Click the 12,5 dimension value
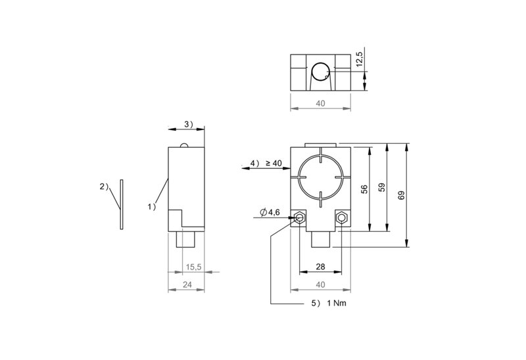pos(359,59)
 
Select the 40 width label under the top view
pos(320,103)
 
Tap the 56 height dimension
pos(365,189)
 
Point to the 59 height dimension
pos(382,187)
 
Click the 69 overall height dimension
pos(401,195)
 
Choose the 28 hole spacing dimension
pos(320,267)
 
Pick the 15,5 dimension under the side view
pos(193,267)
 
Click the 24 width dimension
pos(187,284)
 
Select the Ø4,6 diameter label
pos(270,212)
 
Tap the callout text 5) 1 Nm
pos(329,304)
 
